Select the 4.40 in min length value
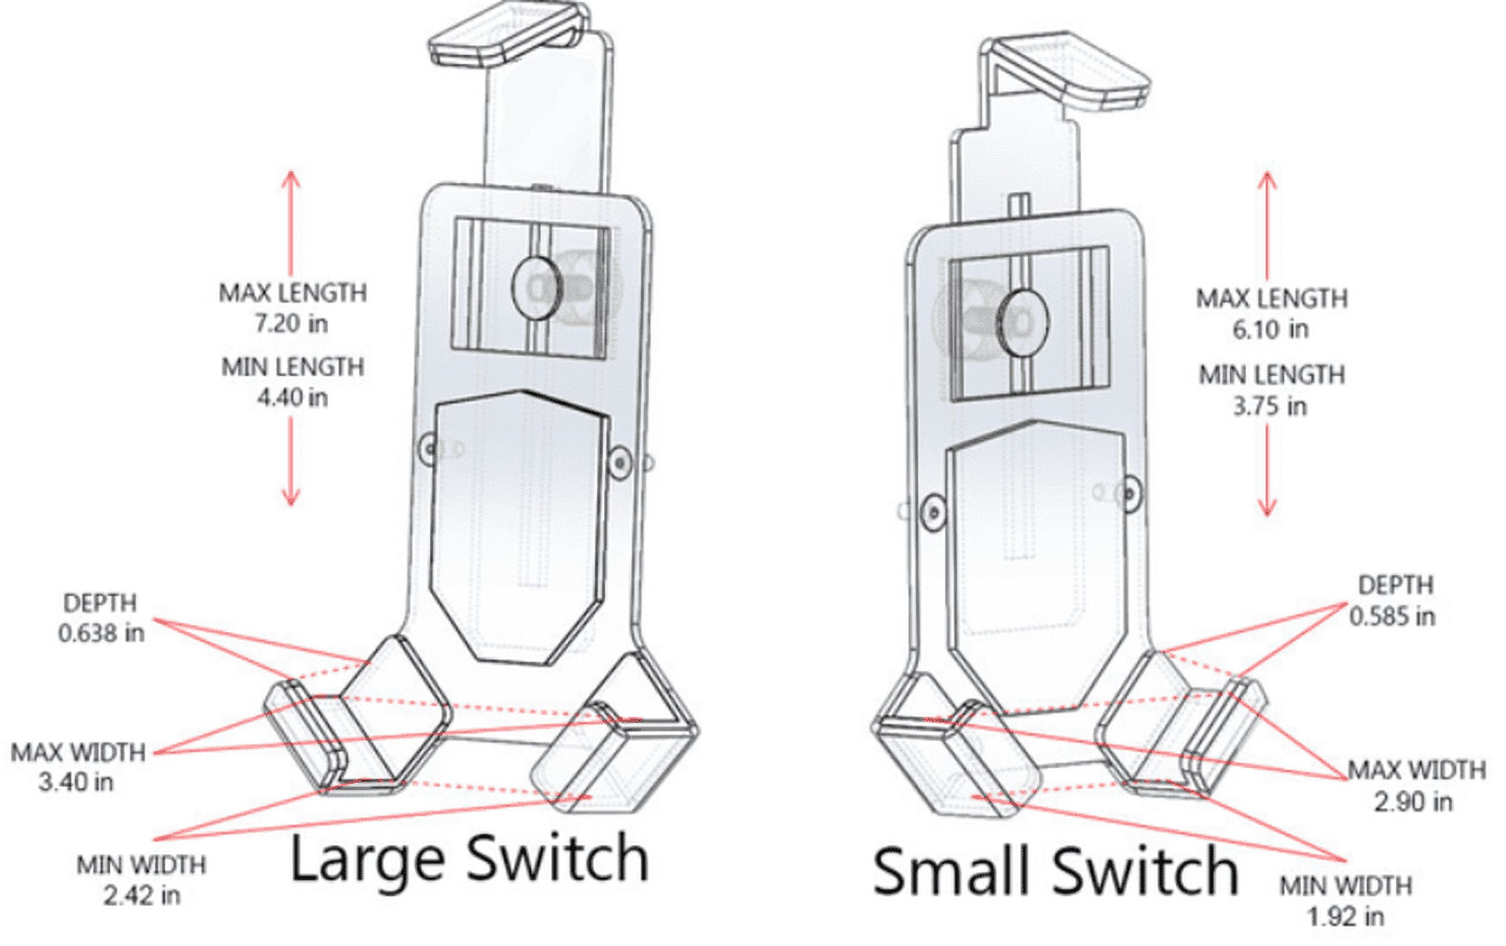pos(292,398)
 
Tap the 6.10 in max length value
pos(1270,329)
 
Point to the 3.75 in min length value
pos(1270,407)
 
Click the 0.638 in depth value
pos(101,634)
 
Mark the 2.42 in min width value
pos(142,896)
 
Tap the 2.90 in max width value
pos(1413,801)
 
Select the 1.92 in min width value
pos(1345,917)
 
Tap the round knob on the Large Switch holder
pos(537,288)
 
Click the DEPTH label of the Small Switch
pos(1395,585)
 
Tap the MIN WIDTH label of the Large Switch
pos(141,865)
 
